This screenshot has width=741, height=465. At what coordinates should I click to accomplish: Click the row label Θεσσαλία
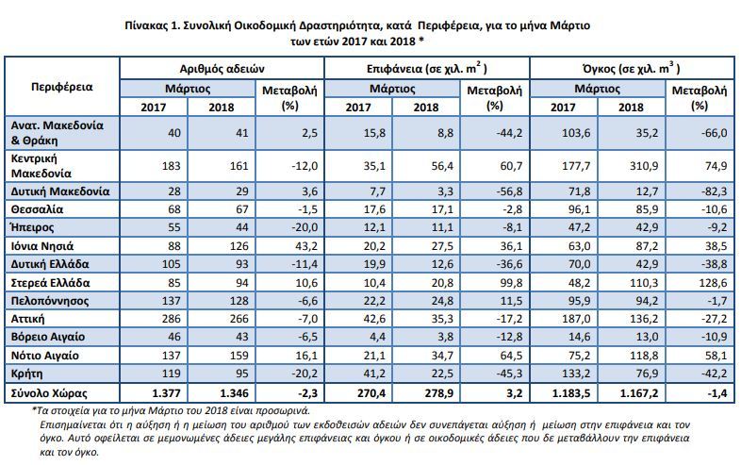click(37, 209)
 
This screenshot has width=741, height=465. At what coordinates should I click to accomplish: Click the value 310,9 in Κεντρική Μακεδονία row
click(644, 166)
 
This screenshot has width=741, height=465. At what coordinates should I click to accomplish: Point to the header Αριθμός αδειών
click(222, 69)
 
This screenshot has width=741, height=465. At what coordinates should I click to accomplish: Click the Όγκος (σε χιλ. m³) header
click(632, 69)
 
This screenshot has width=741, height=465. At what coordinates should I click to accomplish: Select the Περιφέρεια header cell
click(62, 87)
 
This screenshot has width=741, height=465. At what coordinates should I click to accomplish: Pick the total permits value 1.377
click(166, 393)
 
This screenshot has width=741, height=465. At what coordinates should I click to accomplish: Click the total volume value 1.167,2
click(638, 393)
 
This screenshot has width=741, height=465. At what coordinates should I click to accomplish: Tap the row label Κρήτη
click(27, 374)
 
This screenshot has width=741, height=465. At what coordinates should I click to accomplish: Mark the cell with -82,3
click(714, 191)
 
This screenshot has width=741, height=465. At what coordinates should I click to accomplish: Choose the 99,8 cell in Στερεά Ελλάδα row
click(509, 283)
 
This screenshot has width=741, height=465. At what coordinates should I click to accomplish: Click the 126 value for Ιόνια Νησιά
click(239, 246)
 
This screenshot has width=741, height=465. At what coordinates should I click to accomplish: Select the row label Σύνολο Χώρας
click(49, 393)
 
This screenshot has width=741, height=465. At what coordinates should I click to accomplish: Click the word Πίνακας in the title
click(145, 25)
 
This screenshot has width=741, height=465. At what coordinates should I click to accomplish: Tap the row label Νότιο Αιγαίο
click(45, 356)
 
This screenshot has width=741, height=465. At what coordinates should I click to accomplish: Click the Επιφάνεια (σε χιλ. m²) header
click(427, 69)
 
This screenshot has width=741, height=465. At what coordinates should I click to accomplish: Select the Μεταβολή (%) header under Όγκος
click(700, 98)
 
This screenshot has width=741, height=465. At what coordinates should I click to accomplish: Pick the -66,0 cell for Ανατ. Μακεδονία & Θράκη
click(714, 133)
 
